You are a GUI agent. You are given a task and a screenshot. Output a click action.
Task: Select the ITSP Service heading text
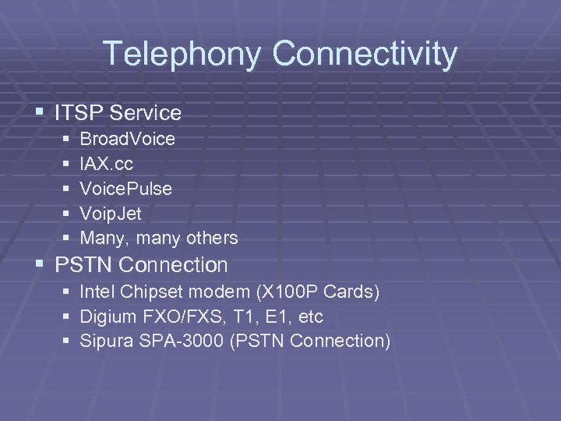click(118, 113)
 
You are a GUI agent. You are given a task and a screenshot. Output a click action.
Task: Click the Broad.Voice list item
click(128, 140)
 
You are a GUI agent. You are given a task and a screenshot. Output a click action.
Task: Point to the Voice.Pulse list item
click(126, 188)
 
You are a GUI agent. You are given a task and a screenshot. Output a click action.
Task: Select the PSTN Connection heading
click(141, 265)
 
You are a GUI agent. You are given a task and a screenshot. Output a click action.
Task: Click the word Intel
click(96, 292)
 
